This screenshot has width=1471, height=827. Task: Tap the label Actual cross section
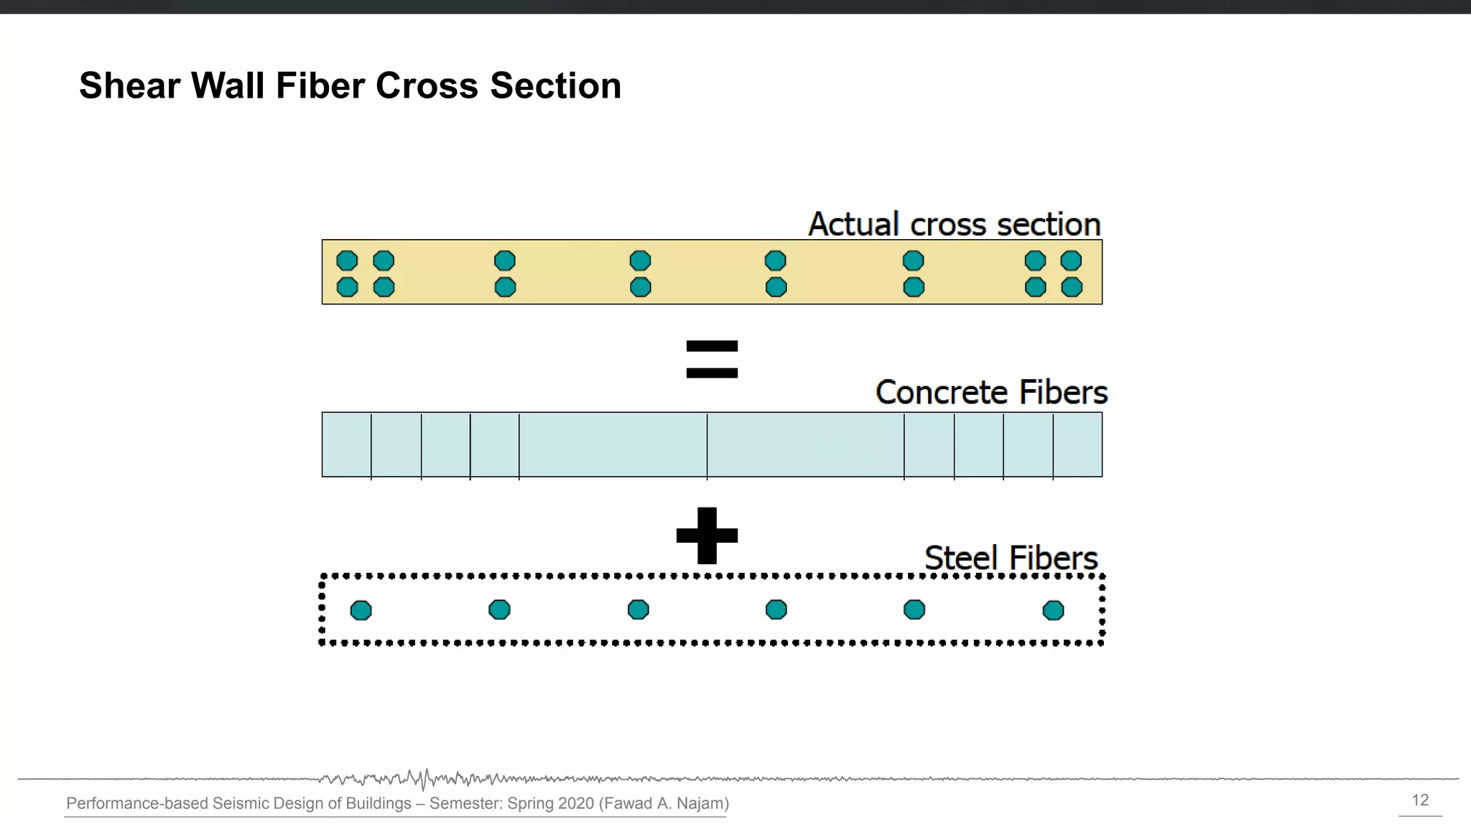tap(954, 225)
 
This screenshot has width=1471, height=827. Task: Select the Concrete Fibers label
tap(991, 393)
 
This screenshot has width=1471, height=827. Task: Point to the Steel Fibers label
tap(1011, 559)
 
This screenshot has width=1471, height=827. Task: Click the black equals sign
tap(712, 359)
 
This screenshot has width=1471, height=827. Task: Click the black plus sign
tap(707, 536)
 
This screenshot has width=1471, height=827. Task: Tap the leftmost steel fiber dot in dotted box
tap(361, 611)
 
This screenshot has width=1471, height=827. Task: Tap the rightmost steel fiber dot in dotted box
tap(1053, 611)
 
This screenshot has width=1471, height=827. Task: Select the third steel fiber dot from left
tap(638, 610)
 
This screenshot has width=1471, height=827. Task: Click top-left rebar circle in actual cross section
tap(347, 260)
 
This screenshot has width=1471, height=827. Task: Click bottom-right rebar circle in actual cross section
tap(1072, 287)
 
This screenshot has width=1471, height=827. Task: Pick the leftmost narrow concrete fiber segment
tap(346, 444)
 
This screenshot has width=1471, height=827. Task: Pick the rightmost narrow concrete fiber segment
tap(1077, 444)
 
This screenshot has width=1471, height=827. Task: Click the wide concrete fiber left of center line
tap(613, 444)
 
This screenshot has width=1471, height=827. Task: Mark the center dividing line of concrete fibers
tap(707, 444)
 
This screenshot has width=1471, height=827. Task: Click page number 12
tap(1420, 800)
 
